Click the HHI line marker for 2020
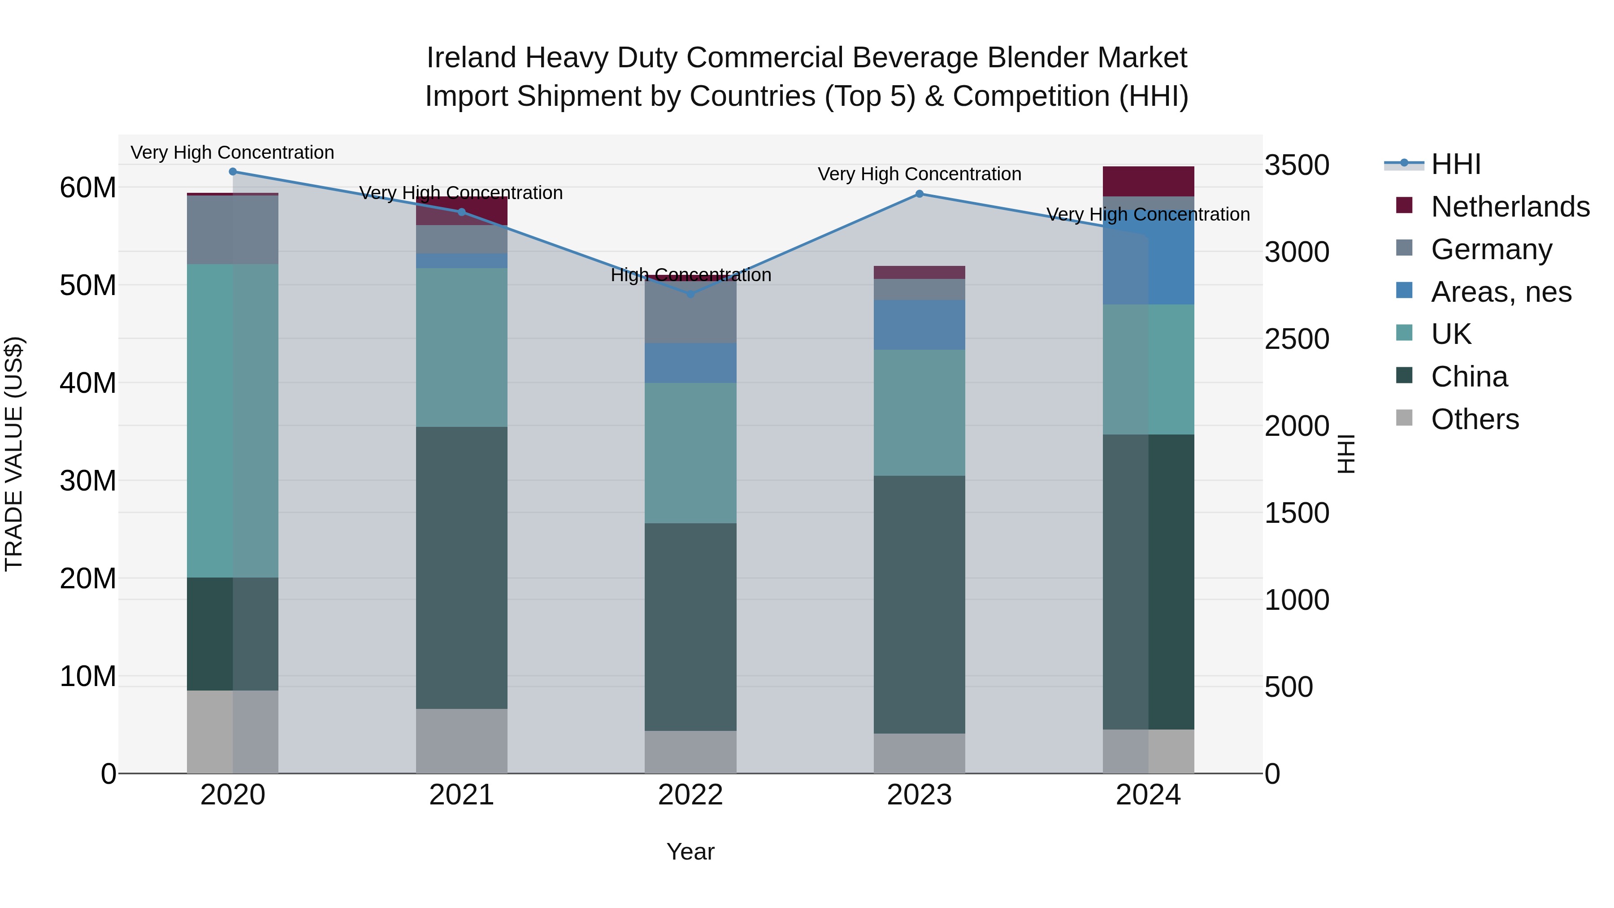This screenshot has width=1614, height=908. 232,172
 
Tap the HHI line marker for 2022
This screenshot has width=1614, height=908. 690,294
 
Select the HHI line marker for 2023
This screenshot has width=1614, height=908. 919,194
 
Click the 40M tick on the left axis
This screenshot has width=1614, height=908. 88,383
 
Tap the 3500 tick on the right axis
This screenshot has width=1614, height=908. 1296,165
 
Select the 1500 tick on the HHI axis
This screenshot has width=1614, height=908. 1296,513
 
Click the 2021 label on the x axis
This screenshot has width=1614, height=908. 461,795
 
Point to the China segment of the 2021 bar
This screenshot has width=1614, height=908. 461,567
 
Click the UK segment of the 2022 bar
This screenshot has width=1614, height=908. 690,452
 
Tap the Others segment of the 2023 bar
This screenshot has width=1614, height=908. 919,753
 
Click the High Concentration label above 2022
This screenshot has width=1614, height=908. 690,275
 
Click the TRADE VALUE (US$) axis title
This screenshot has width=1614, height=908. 14,454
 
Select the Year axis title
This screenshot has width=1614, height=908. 690,852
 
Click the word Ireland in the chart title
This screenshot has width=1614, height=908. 471,58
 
